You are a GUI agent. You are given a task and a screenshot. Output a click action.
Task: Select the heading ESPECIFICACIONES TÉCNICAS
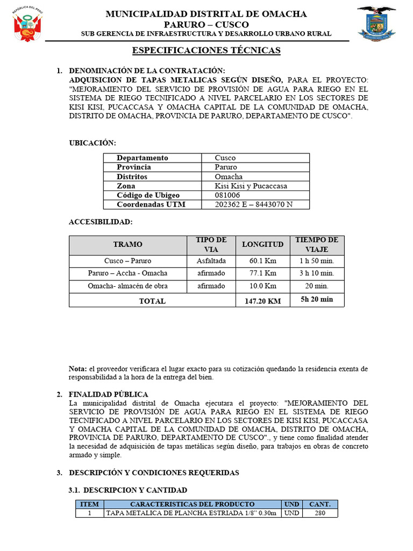click(x=206, y=51)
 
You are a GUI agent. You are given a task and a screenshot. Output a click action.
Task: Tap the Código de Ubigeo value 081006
click(x=227, y=195)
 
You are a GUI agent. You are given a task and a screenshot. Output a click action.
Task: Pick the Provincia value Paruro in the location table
click(x=226, y=167)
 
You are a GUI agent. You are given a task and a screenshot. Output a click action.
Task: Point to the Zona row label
click(x=126, y=186)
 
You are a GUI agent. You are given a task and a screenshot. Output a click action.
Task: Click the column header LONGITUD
click(x=262, y=244)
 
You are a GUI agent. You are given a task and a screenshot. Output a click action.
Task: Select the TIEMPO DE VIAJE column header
click(x=317, y=244)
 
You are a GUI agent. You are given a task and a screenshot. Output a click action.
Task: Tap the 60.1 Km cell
click(x=262, y=261)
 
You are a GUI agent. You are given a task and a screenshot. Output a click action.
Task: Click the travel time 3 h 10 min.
click(x=317, y=273)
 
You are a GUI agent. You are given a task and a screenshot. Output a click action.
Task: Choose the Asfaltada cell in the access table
click(x=211, y=261)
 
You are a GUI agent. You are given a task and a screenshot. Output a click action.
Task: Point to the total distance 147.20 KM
click(x=262, y=301)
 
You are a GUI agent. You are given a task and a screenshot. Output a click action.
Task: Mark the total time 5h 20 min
click(x=317, y=300)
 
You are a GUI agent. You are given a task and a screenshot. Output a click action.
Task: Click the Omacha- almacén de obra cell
click(x=128, y=286)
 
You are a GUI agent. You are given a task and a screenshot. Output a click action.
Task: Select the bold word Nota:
click(x=77, y=369)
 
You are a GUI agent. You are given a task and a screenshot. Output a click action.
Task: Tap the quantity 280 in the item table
click(x=320, y=513)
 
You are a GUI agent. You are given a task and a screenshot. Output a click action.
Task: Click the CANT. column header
click(x=320, y=504)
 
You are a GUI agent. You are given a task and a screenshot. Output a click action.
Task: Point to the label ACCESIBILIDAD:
click(x=101, y=222)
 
